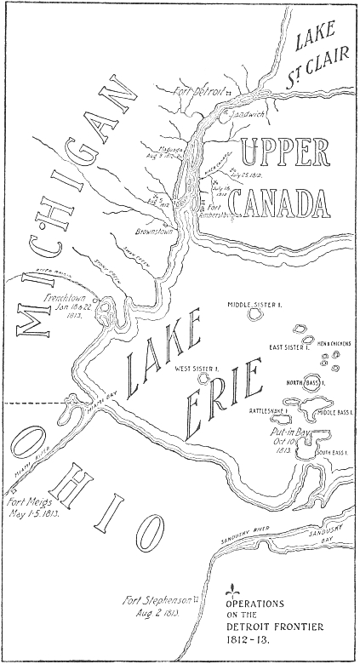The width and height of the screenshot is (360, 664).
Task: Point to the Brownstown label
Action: pos(153,230)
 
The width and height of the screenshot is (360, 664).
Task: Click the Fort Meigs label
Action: pos(31,507)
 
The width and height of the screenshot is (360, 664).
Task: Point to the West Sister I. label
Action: pos(197,369)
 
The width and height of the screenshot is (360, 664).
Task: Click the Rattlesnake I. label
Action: pos(269,410)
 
